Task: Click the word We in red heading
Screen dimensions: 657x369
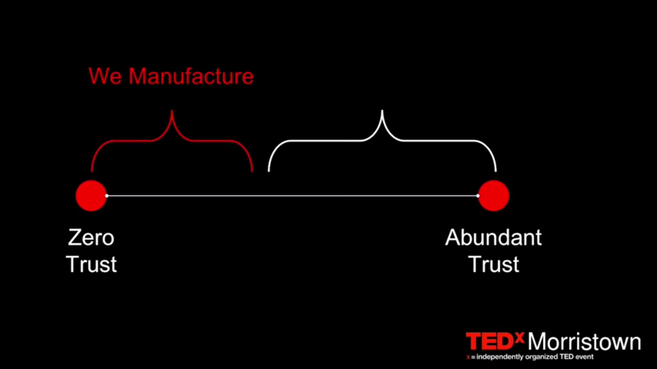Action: point(105,76)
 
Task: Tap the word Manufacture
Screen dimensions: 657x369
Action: point(191,76)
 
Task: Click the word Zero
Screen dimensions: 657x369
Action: point(91,237)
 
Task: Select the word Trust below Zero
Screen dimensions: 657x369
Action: point(91,264)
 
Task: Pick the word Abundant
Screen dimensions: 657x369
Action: point(493,237)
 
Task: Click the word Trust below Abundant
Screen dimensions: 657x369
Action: point(493,264)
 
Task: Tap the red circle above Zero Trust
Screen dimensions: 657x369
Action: point(91,196)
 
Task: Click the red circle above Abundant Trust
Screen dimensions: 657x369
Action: point(493,196)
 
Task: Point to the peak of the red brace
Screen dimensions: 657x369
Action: point(172,111)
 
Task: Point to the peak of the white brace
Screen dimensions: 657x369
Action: point(382,111)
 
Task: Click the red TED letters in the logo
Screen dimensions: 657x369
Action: point(489,341)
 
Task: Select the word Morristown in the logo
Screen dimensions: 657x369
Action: point(584,341)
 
